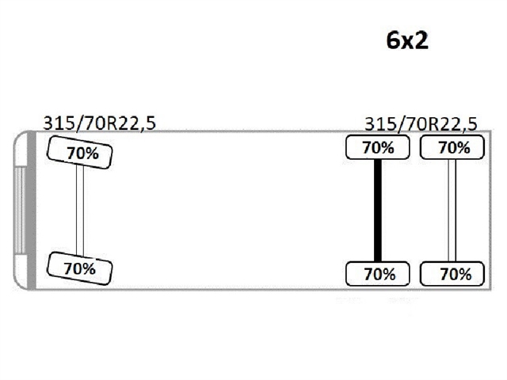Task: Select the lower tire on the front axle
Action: coord(80,268)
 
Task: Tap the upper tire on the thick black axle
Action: coord(378,147)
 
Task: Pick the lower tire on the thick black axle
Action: coord(378,274)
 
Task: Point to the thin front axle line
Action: coord(80,210)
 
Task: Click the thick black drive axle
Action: coord(378,210)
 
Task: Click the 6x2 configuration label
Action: coord(407,41)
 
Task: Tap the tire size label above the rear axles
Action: coord(421,123)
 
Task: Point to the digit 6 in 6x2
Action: coord(393,41)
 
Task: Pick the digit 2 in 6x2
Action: coord(421,41)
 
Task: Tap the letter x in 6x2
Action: coord(407,43)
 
